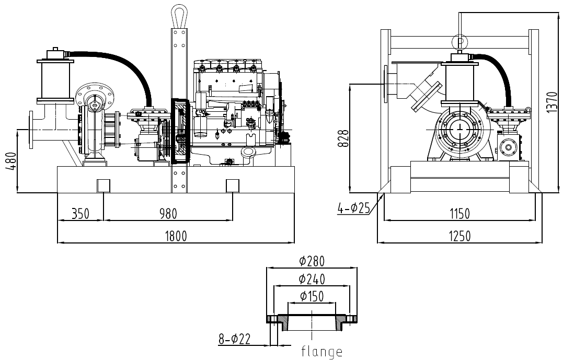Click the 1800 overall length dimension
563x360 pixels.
pos(176,236)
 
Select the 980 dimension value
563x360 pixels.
pos(168,214)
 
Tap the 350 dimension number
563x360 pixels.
pos(81,214)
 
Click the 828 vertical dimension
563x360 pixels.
pos(343,138)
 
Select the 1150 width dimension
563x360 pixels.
pos(459,214)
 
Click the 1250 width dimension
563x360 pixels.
pos(459,236)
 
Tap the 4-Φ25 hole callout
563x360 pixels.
pos(353,208)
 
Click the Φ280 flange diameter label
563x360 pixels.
pos(312,261)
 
